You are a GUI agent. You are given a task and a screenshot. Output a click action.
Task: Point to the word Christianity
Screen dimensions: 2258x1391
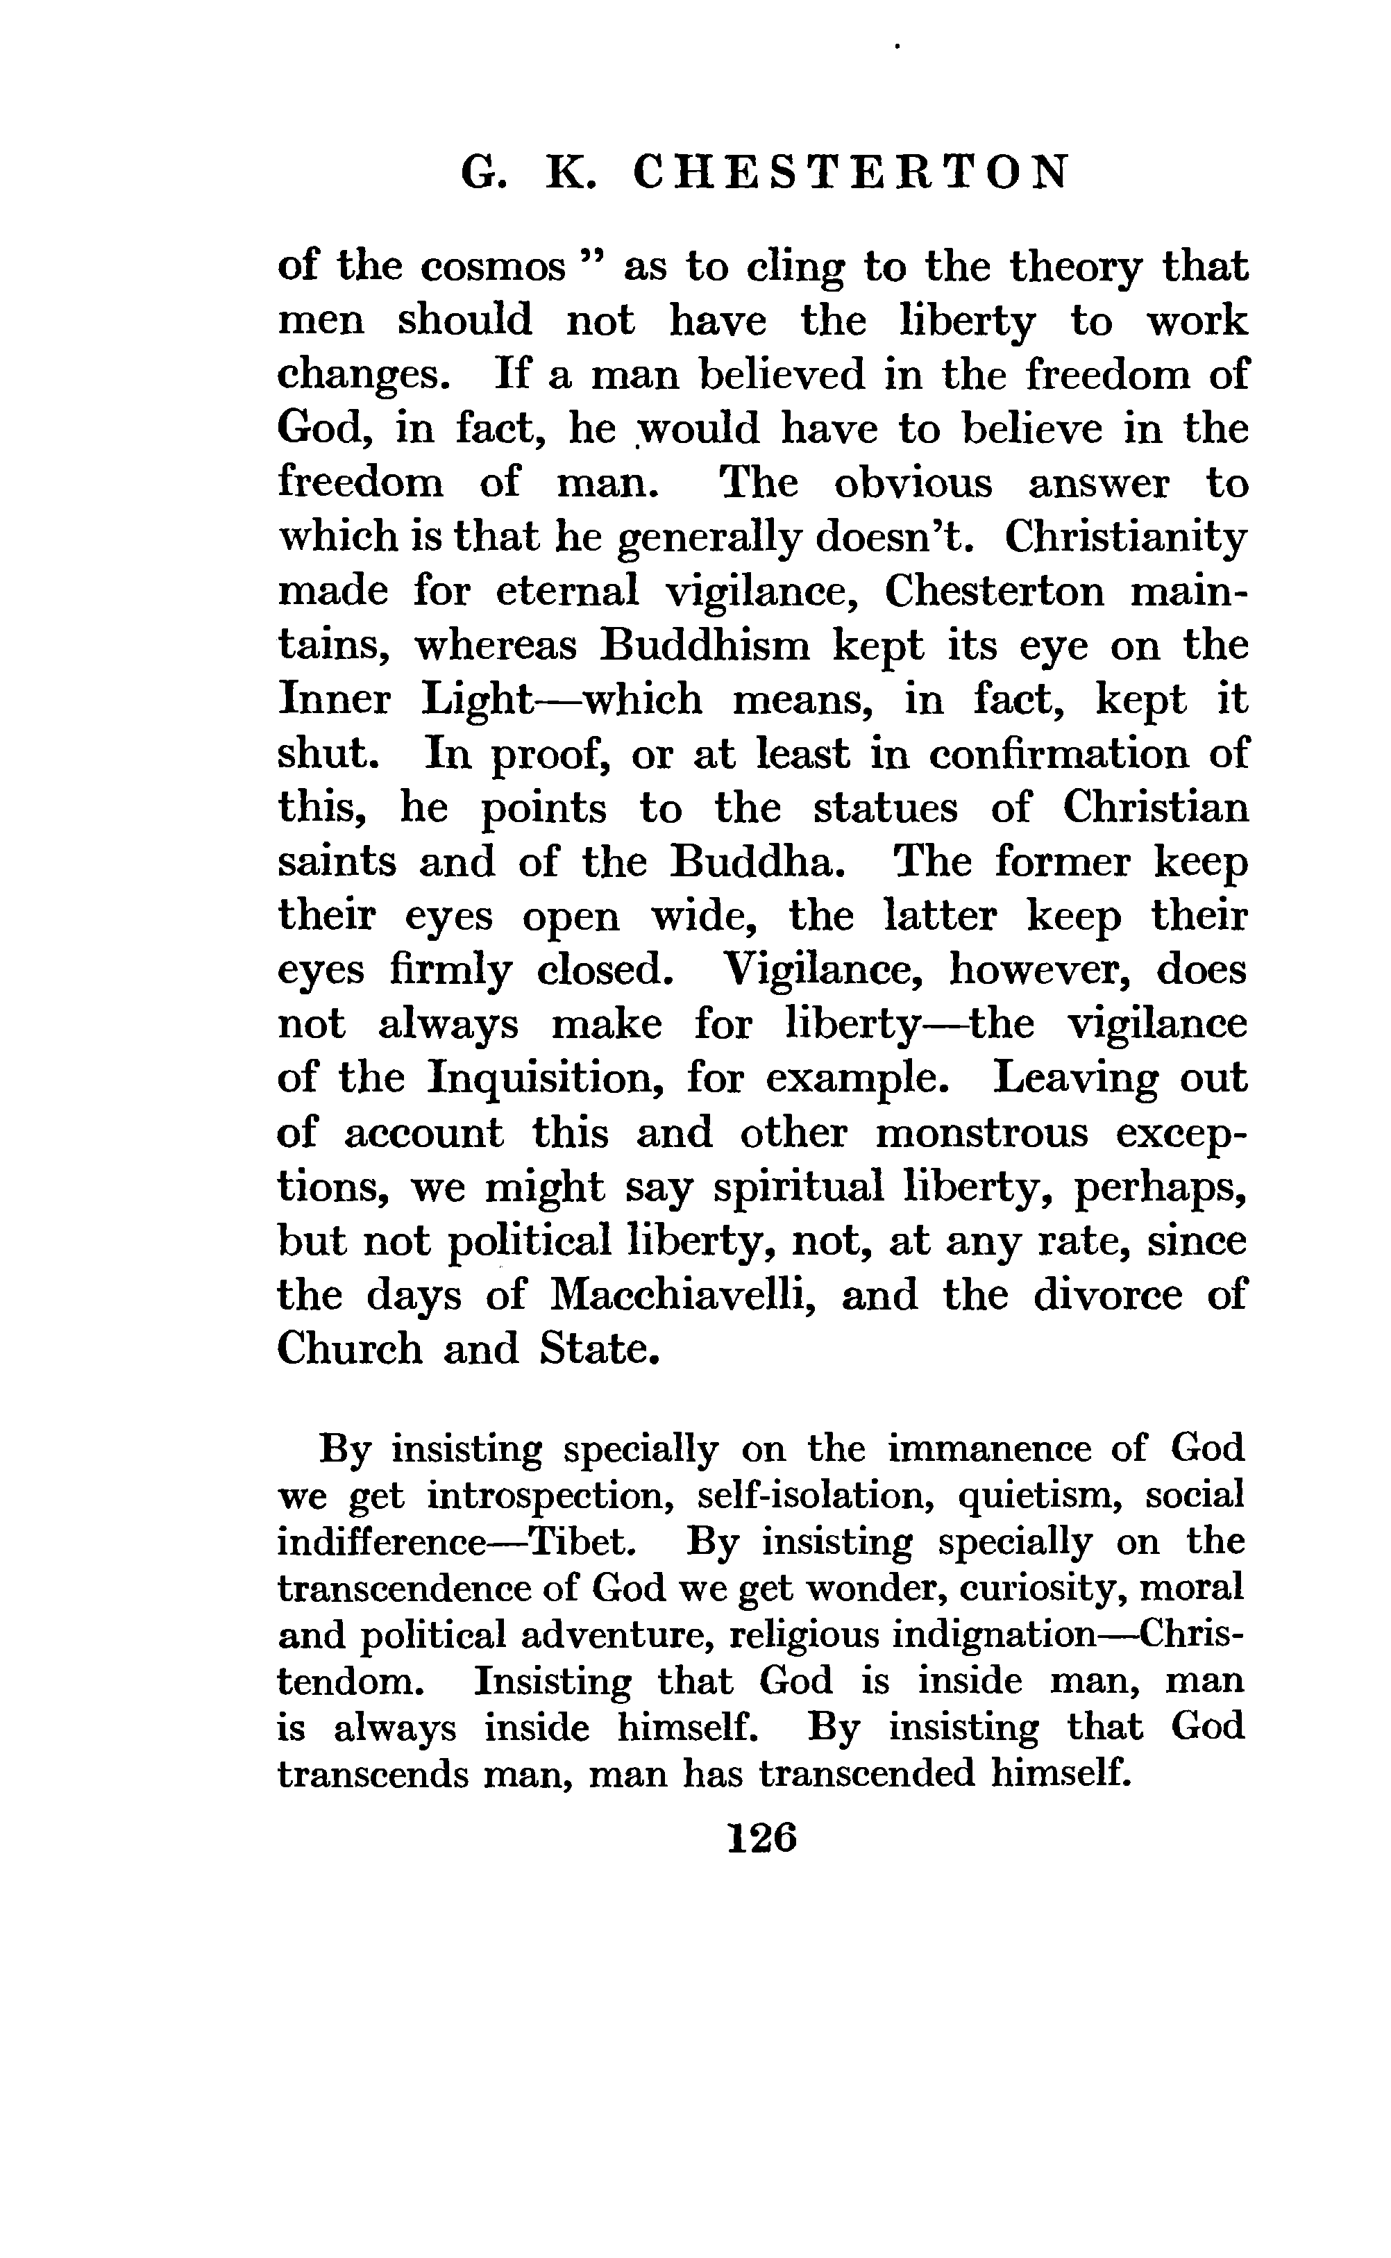coord(1126,537)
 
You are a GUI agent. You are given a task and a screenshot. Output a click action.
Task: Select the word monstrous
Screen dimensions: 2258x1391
coord(981,1132)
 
